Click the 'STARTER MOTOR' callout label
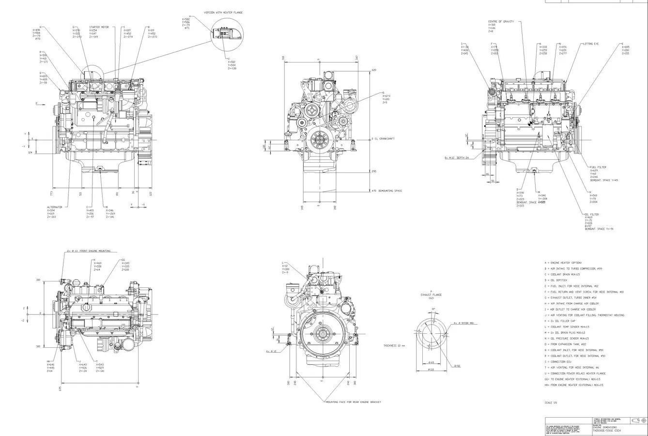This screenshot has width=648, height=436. coord(98,27)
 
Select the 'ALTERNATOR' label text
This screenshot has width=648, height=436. coord(55,207)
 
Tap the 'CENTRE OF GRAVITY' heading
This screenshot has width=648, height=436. coord(501,21)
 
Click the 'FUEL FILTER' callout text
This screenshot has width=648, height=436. coord(598,167)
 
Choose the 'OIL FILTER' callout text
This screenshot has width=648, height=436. coord(591,214)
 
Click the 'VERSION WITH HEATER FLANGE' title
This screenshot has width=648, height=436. coord(223,12)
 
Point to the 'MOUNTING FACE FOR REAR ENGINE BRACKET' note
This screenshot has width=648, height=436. coord(353,402)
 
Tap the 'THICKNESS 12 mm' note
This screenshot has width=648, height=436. coord(394,345)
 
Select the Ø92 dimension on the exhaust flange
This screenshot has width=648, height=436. coord(457,366)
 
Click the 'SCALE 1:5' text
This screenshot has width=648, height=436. coord(551,403)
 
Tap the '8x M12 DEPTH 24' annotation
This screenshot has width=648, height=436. coord(457,158)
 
